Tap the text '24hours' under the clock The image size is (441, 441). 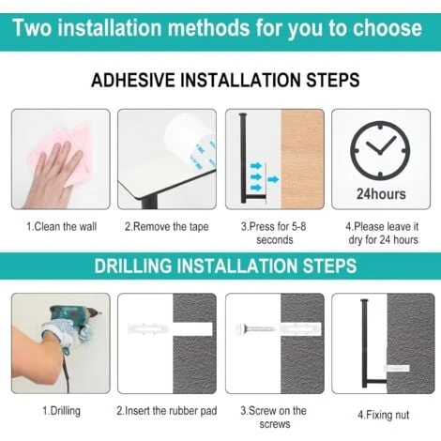(381, 194)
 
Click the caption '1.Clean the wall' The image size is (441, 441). (61, 226)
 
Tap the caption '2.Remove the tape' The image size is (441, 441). (167, 226)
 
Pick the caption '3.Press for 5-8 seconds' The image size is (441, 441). (274, 233)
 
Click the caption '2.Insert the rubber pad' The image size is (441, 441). (167, 411)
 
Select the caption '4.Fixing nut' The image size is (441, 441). (384, 415)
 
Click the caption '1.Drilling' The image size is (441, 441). (61, 411)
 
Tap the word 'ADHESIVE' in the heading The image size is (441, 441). (133, 80)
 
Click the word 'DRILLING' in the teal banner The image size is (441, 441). (133, 266)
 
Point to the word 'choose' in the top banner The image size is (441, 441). (388, 28)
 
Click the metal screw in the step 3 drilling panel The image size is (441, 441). (255, 328)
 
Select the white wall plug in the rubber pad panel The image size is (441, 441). (148, 329)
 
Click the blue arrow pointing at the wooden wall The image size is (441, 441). (273, 179)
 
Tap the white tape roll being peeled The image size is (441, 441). (190, 141)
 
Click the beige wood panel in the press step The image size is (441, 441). (302, 159)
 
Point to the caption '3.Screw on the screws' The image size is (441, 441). (274, 418)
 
